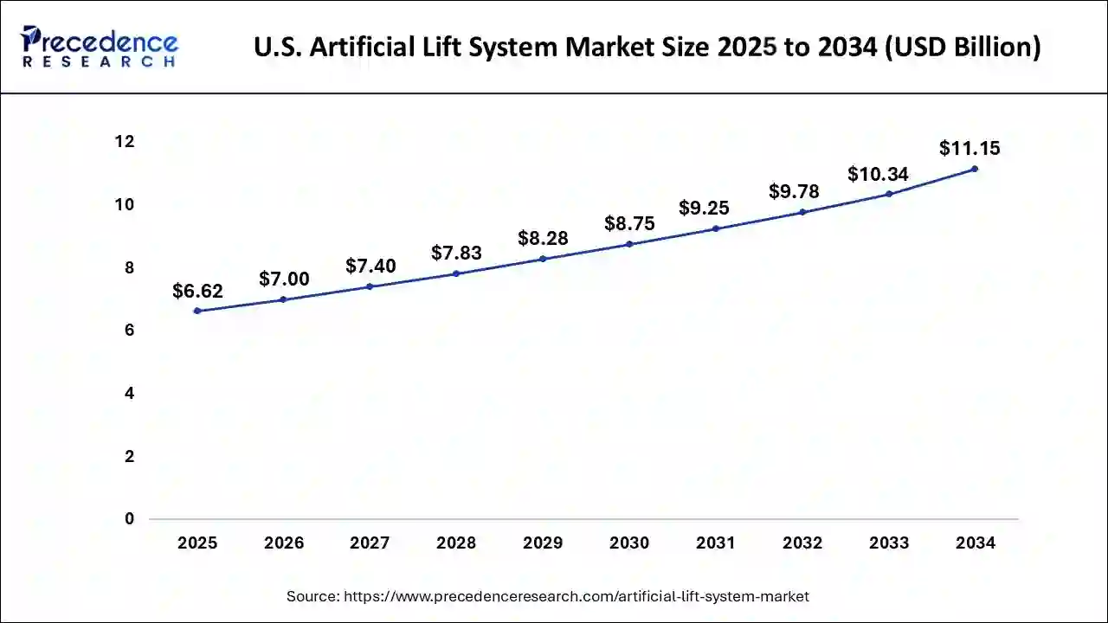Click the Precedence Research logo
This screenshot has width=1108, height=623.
click(100, 47)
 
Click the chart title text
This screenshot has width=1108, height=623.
click(647, 47)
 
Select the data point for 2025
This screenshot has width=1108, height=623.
click(197, 311)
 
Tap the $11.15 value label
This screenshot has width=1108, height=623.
click(969, 148)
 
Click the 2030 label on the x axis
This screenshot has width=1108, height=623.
click(629, 543)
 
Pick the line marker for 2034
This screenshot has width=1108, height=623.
click(975, 169)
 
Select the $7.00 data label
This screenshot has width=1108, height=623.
click(284, 279)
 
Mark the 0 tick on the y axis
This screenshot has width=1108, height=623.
click(129, 519)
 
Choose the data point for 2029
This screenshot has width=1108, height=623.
click(543, 259)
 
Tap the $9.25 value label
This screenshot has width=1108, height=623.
click(704, 208)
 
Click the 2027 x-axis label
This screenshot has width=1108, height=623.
click(370, 543)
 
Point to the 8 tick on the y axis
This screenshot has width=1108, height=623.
click(129, 267)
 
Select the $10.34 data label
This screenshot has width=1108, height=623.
click(878, 174)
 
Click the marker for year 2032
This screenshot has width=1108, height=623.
click(802, 212)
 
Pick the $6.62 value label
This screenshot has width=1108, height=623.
click(197, 292)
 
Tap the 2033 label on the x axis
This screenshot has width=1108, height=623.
click(889, 543)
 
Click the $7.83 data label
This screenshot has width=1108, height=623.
click(456, 253)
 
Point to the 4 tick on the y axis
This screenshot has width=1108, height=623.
click(129, 394)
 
